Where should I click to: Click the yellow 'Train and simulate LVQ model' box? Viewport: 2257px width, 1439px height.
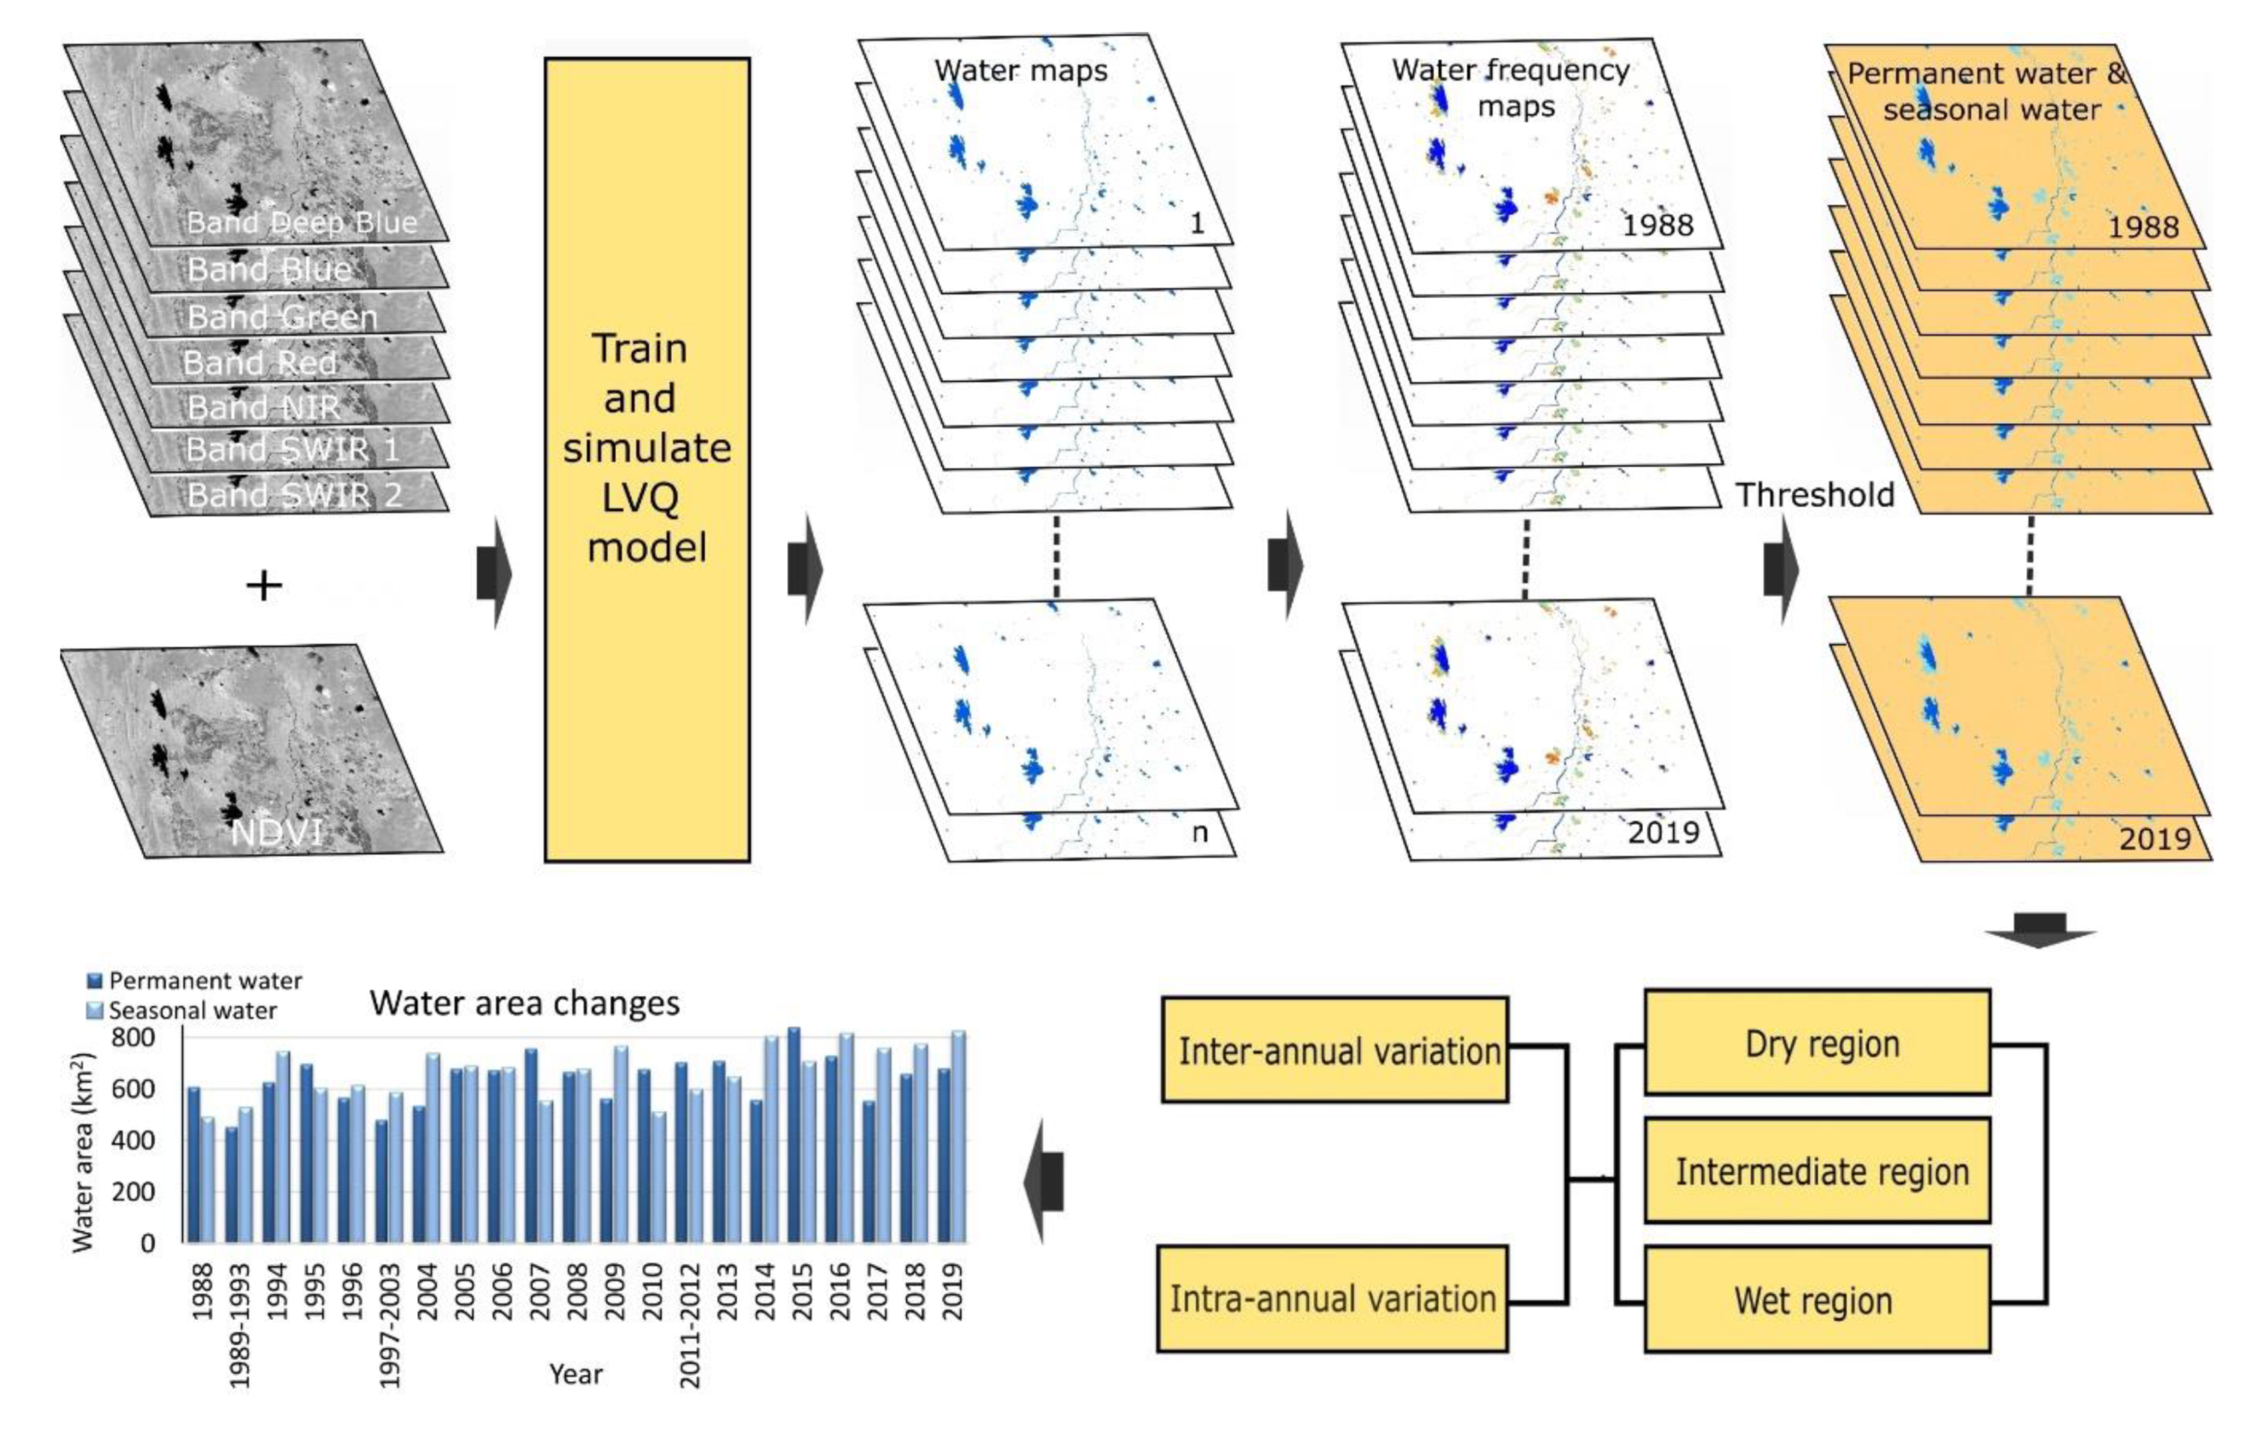pyautogui.click(x=646, y=459)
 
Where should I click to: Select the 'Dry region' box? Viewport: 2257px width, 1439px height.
pyautogui.click(x=1817, y=1043)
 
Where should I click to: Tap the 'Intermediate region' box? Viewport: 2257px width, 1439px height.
pyautogui.click(x=1817, y=1171)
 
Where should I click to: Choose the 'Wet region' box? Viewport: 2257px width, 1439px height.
pyautogui.click(x=1817, y=1299)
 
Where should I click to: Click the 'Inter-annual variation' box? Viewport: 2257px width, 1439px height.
pyautogui.click(x=1335, y=1050)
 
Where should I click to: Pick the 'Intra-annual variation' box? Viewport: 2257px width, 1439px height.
pyautogui.click(x=1333, y=1298)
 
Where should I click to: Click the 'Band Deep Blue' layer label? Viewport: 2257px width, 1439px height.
pyautogui.click(x=302, y=223)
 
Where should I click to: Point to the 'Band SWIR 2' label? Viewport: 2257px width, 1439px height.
pyautogui.click(x=295, y=494)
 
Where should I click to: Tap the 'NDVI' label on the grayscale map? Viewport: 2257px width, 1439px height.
pyautogui.click(x=277, y=832)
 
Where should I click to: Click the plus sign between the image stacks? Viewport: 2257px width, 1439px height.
pyautogui.click(x=264, y=586)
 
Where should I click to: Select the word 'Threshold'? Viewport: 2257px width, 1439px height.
pyautogui.click(x=1815, y=495)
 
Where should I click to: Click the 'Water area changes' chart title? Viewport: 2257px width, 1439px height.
pyautogui.click(x=524, y=1003)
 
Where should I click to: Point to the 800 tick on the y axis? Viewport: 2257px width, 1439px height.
pyautogui.click(x=132, y=1038)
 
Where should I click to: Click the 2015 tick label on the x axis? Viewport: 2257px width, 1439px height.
pyautogui.click(x=801, y=1291)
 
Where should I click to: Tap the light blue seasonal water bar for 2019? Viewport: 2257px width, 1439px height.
pyautogui.click(x=958, y=1137)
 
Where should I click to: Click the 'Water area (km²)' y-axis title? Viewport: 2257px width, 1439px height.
pyautogui.click(x=83, y=1153)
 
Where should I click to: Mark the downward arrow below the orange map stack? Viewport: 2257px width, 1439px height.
pyautogui.click(x=2040, y=929)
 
